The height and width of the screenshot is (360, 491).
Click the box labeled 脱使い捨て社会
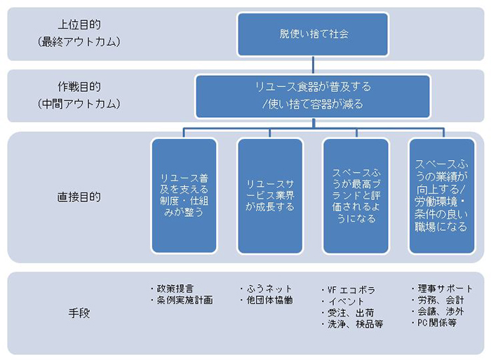click(x=313, y=34)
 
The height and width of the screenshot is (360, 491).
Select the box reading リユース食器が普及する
click(x=313, y=96)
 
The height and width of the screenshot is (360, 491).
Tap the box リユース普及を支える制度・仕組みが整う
click(x=184, y=196)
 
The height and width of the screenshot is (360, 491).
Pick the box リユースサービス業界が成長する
click(x=270, y=196)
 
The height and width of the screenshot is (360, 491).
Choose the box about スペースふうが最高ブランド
click(x=356, y=196)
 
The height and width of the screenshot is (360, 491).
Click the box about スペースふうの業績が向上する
click(x=442, y=196)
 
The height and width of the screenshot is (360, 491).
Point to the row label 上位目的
click(x=79, y=25)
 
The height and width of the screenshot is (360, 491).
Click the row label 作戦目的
click(x=79, y=87)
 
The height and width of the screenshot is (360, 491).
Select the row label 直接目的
click(x=79, y=196)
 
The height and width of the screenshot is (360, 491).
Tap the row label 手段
click(x=79, y=313)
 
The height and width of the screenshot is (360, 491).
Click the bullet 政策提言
click(x=172, y=288)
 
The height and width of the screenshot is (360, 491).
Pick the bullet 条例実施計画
click(x=182, y=300)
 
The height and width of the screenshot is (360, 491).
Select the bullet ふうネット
click(x=266, y=288)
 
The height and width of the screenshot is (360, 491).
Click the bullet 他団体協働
click(x=267, y=300)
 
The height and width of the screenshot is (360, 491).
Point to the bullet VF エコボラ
click(x=349, y=290)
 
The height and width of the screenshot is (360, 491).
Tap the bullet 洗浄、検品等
click(x=352, y=324)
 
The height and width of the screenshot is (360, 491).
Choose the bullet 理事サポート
click(x=442, y=288)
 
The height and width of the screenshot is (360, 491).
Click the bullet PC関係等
click(x=434, y=322)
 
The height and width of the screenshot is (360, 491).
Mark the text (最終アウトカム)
click(x=79, y=41)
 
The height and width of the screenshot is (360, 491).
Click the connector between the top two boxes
click(x=313, y=65)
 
